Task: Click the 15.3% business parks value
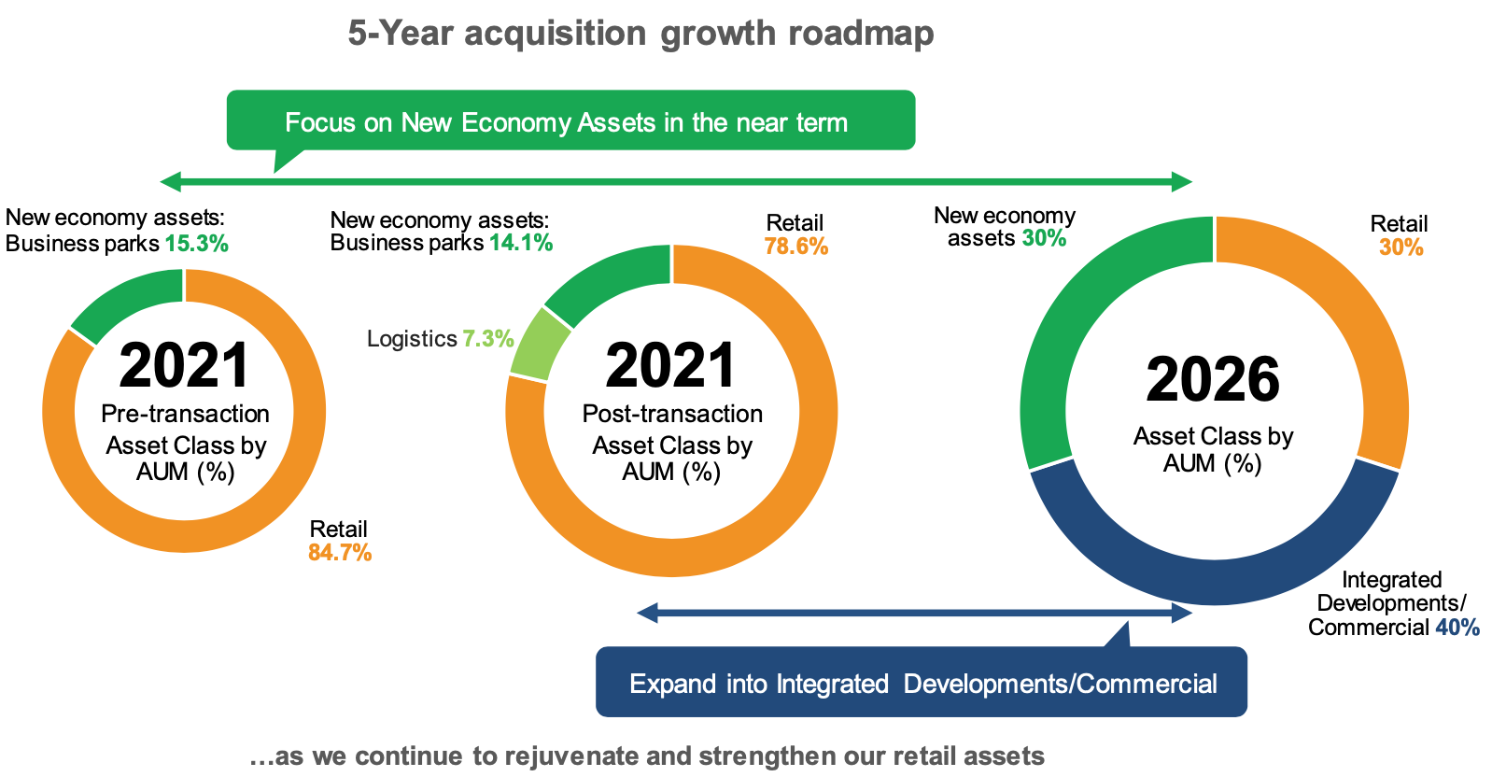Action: point(197,244)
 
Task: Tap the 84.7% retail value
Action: point(340,553)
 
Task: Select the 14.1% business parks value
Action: point(521,243)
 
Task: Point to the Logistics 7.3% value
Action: point(488,338)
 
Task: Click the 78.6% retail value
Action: point(795,247)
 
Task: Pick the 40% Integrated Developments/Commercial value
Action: point(1457,628)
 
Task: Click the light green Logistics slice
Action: point(540,345)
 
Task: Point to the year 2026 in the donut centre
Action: point(1213,380)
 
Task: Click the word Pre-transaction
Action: point(185,414)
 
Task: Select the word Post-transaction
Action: point(672,414)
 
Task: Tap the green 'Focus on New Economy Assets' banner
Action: point(570,120)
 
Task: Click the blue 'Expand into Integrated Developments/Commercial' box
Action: point(922,683)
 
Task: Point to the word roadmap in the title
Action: point(861,34)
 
